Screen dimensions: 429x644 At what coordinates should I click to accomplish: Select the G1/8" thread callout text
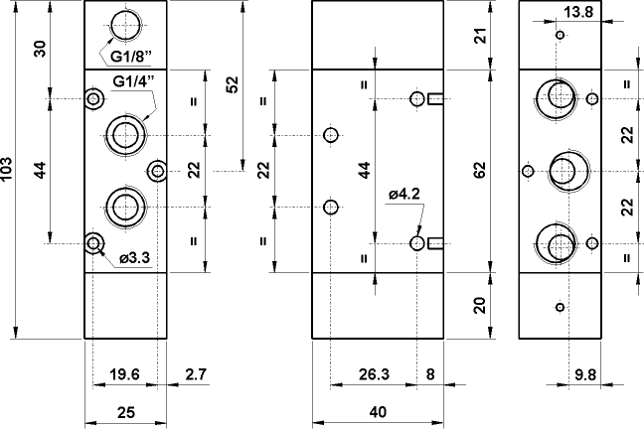132,56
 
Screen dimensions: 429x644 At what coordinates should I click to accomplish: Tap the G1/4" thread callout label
132,80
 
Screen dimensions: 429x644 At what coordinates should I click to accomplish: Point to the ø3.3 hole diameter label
133,258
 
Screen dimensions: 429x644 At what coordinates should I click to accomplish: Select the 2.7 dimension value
195,374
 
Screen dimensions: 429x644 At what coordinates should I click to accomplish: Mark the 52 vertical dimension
234,86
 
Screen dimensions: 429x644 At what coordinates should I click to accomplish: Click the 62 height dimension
480,171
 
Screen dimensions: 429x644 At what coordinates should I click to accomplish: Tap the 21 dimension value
480,37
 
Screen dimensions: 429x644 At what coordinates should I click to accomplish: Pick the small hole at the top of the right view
561,36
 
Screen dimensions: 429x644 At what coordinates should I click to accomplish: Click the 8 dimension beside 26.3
429,374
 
